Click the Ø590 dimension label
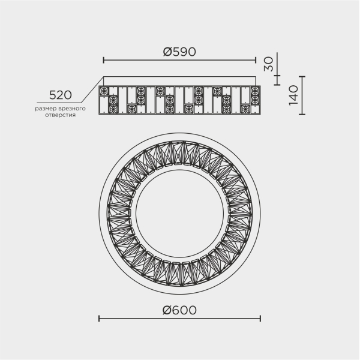179,52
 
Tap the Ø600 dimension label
179,310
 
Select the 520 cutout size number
61,95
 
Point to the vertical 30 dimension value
268,64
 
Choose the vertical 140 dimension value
293,95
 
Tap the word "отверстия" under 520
61,115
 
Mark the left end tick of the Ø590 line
104,61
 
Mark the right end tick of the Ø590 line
256,61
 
